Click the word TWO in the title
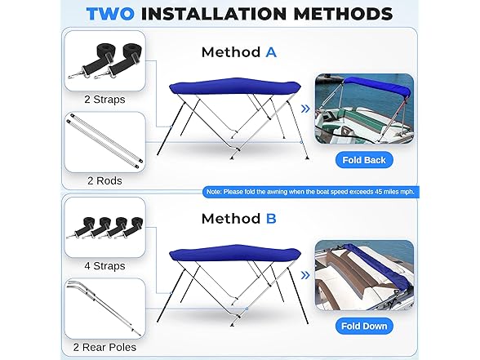110,14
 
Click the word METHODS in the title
343,14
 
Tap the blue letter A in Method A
271,52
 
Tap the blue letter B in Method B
271,219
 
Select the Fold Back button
364,160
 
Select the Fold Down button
364,326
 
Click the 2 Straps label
104,100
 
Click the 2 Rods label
104,180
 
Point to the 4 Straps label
104,266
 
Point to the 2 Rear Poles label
104,347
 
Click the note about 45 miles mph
310,192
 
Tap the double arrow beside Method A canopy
305,109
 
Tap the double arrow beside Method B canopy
305,275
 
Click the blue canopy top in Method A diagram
235,87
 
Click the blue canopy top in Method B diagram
235,253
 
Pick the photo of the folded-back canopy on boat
364,109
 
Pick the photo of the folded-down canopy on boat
364,275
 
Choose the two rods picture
104,142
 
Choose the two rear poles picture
104,309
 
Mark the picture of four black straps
104,228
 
